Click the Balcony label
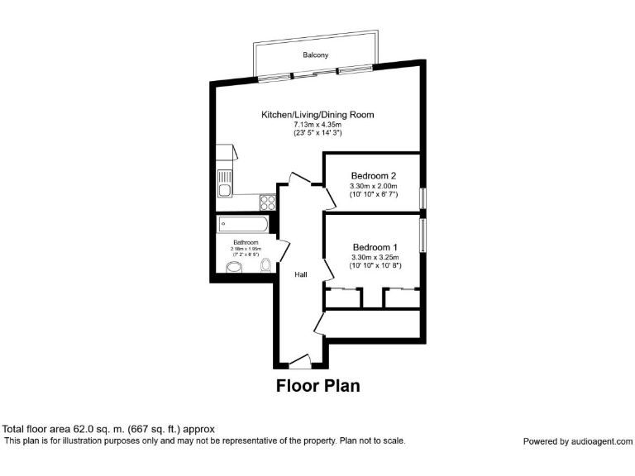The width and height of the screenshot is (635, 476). (x=314, y=55)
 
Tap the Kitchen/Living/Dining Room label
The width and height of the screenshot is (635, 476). (x=318, y=114)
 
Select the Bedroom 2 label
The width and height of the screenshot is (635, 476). (x=374, y=176)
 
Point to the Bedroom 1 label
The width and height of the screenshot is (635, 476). (x=375, y=247)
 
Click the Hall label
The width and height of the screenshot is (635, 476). (x=302, y=274)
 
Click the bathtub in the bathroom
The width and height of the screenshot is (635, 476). (x=242, y=225)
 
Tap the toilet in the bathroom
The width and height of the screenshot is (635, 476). (x=265, y=265)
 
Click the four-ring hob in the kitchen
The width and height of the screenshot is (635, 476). (x=267, y=201)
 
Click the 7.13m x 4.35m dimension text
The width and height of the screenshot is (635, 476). (x=318, y=124)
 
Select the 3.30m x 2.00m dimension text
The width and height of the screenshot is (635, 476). (x=374, y=186)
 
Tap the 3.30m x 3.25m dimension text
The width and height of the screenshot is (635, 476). (x=375, y=257)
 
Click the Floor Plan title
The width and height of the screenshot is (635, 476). (x=317, y=385)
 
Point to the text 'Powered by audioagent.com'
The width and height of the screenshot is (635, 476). (x=577, y=441)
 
